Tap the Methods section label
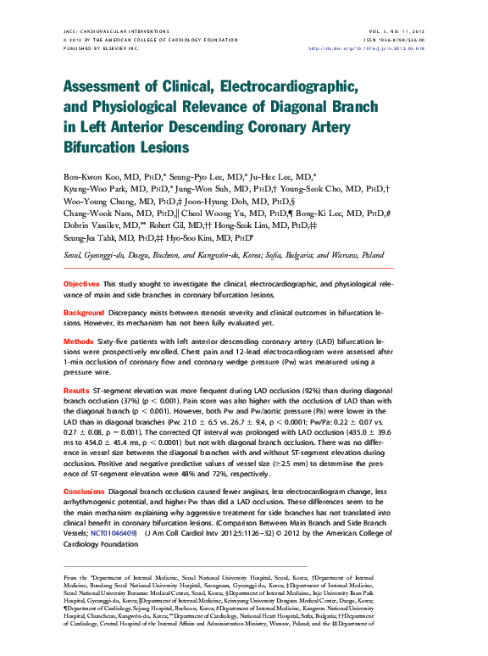[x=79, y=341]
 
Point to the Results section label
[x=77, y=390]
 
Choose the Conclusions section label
[x=86, y=492]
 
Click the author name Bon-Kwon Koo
[x=96, y=175]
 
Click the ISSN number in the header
[x=398, y=39]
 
